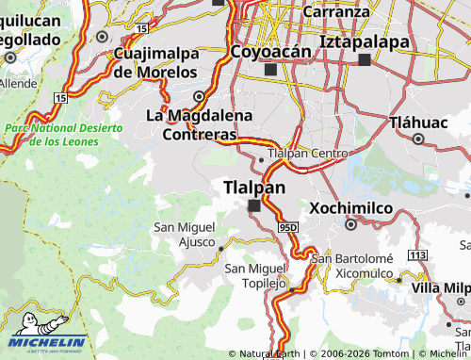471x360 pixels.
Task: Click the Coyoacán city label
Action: click(270, 51)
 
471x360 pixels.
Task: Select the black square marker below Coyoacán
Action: click(271, 70)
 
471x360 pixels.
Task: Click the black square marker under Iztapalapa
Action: click(365, 59)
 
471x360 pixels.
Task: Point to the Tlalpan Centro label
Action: click(308, 153)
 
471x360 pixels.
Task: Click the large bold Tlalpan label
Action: click(254, 188)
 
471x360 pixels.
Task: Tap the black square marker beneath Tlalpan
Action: click(253, 205)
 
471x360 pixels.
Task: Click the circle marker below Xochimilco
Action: click(350, 224)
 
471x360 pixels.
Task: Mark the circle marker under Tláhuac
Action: click(419, 139)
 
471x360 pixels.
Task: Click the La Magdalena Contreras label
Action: click(199, 124)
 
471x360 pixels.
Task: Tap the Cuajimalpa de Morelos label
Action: click(156, 62)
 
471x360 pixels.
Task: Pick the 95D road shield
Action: click(288, 227)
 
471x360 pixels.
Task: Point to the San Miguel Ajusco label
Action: click(184, 234)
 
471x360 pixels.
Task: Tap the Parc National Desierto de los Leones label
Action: click(64, 134)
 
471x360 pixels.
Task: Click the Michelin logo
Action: click(47, 342)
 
